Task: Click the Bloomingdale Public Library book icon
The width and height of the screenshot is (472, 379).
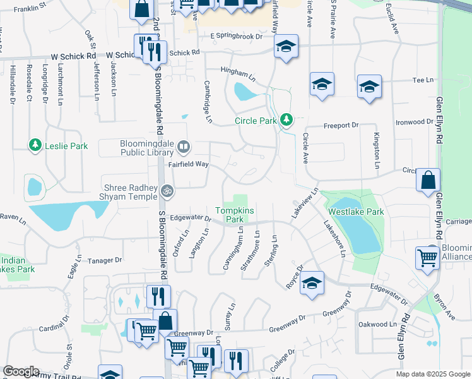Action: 183,148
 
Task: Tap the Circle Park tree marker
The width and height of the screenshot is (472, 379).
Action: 287,119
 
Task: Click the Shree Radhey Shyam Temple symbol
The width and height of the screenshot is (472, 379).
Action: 167,189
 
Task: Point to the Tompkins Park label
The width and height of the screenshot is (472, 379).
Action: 230,215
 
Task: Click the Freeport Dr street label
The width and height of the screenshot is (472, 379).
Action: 341,126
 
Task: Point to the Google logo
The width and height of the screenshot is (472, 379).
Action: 21,371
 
